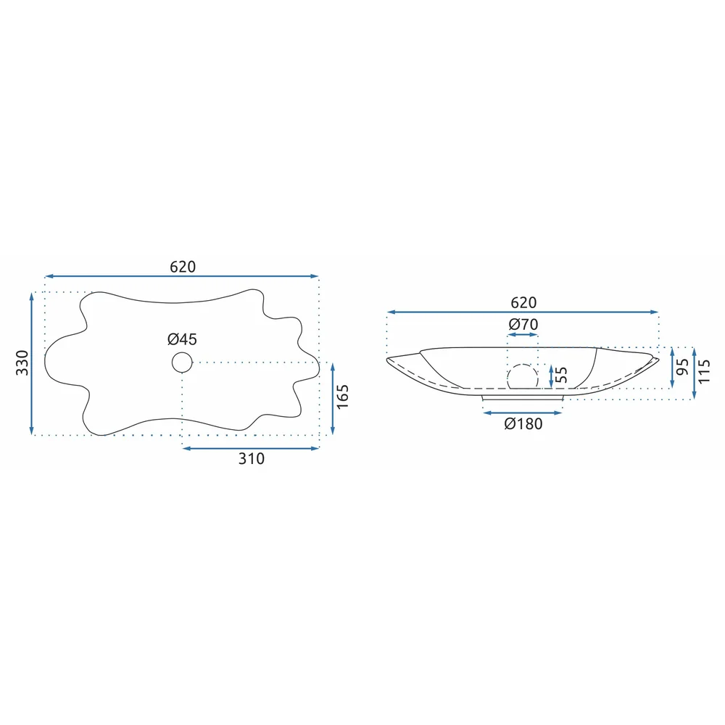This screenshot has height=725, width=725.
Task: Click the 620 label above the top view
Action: coord(183,267)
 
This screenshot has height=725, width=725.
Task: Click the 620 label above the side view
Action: coord(523,302)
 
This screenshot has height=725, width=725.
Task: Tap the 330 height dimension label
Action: coord(22,362)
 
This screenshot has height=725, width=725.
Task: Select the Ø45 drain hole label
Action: coord(182,339)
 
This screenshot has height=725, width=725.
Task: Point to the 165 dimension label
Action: coord(343,397)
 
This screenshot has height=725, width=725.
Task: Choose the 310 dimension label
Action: coord(252,458)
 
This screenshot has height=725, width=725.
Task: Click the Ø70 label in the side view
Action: coord(523,324)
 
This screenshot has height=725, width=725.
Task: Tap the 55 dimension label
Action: coord(560,375)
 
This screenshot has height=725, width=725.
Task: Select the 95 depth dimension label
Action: coord(682,367)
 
